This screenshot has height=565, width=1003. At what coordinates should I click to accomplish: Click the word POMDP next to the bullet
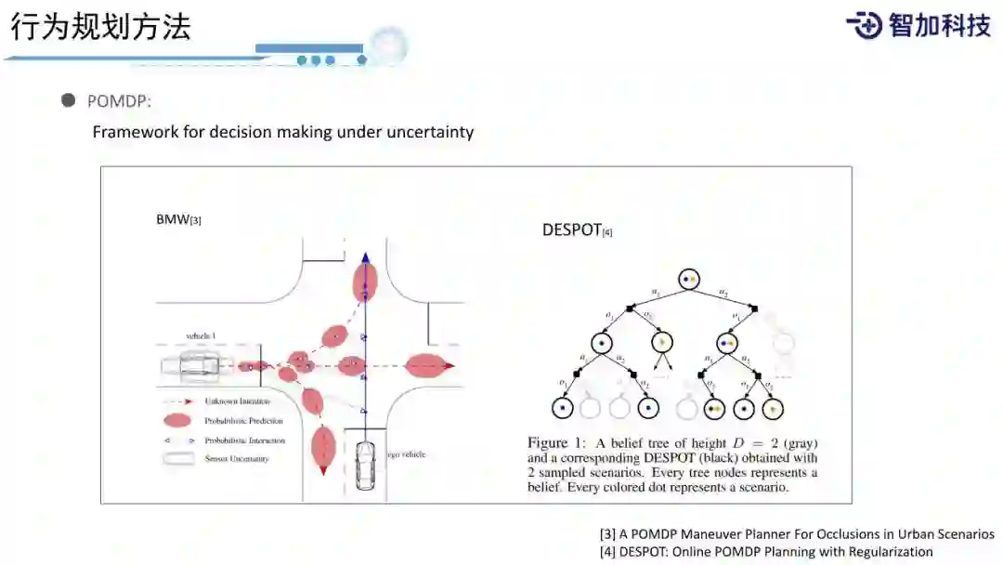pyautogui.click(x=118, y=101)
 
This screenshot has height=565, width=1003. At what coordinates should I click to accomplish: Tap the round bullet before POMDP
pyautogui.click(x=69, y=100)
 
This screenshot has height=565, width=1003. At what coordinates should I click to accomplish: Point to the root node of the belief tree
pyautogui.click(x=688, y=278)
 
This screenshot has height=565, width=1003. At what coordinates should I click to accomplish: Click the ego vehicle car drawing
pyautogui.click(x=366, y=464)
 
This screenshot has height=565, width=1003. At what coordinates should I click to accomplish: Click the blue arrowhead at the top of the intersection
pyautogui.click(x=366, y=259)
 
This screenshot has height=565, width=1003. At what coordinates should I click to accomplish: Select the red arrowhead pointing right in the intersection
pyautogui.click(x=449, y=366)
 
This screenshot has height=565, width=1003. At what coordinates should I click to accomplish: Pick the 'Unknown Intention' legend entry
pyautogui.click(x=237, y=401)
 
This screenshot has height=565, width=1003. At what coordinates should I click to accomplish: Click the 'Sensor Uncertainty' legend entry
pyautogui.click(x=237, y=459)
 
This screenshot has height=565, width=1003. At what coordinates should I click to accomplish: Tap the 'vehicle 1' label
pyautogui.click(x=201, y=335)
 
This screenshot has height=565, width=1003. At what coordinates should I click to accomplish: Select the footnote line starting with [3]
pyautogui.click(x=797, y=534)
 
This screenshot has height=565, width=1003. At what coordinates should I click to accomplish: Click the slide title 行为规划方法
pyautogui.click(x=100, y=27)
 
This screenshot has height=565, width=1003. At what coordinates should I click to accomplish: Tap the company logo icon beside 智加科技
pyautogui.click(x=864, y=25)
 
